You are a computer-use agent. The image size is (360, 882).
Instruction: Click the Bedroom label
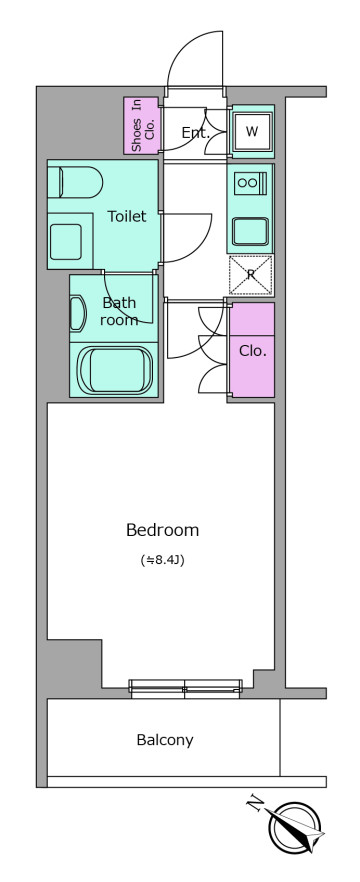163,530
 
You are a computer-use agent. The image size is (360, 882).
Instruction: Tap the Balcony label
165,740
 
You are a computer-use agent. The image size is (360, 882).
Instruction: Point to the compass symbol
295,827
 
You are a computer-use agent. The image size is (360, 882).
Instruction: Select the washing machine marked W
253,132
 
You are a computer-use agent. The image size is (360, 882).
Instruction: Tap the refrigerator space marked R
251,275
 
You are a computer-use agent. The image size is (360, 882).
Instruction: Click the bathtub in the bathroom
116,371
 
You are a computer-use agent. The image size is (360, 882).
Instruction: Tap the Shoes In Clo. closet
142,125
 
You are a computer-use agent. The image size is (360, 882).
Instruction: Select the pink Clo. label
253,350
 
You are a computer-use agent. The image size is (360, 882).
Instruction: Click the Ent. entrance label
195,133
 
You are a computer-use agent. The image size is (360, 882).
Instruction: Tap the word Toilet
127,216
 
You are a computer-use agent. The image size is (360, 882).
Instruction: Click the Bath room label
120,311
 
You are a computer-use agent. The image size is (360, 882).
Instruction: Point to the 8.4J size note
163,560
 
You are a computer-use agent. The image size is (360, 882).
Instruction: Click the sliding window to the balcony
185,688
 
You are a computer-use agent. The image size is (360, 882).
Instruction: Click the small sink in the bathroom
77,313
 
